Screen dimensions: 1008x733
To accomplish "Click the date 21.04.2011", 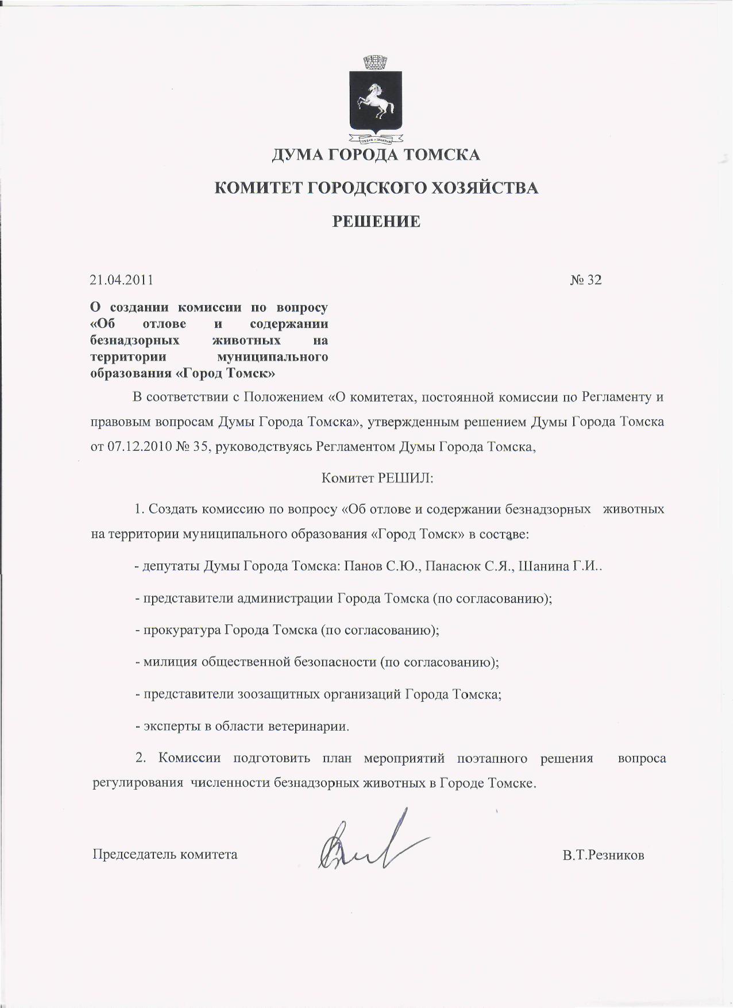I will click(x=122, y=280).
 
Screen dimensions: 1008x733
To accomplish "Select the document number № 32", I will click(x=586, y=280).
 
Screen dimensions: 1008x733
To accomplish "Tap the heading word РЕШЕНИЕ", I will click(x=377, y=221).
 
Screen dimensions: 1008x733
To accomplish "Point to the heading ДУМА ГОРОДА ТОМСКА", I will click(x=376, y=155).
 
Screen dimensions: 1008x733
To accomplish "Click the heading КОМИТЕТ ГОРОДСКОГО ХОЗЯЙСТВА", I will click(x=376, y=188).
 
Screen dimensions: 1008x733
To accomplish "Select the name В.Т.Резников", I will click(x=603, y=855).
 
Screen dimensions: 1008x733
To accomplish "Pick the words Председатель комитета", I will click(x=165, y=854).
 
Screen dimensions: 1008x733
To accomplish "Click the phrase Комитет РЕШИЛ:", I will click(x=377, y=478).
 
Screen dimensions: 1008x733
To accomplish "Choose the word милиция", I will click(x=170, y=662).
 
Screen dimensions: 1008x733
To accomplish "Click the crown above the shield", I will click(x=376, y=61).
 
